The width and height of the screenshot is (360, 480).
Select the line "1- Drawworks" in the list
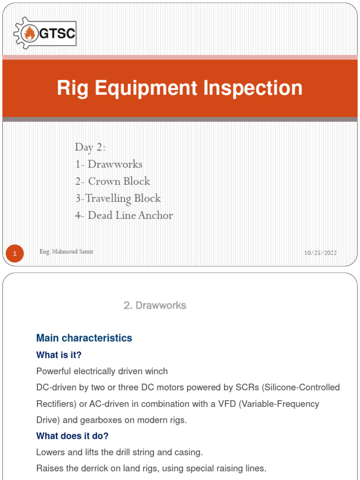tap(109, 165)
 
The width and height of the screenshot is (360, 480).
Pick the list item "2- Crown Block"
tap(112, 181)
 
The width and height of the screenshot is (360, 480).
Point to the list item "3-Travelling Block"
tap(118, 198)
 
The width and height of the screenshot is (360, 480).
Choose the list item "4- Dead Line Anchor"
tap(124, 216)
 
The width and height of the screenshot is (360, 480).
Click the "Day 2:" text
tap(90, 147)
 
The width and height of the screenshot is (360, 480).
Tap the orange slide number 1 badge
tap(15, 254)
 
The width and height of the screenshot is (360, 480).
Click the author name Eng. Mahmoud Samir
tap(67, 252)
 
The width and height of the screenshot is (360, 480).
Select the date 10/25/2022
tap(320, 253)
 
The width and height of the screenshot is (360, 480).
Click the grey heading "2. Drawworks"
tap(155, 306)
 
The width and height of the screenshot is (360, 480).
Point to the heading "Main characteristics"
tap(84, 338)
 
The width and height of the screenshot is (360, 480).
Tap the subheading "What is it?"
tap(59, 355)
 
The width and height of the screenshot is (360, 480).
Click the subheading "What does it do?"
tap(72, 436)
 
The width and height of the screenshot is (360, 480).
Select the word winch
tap(157, 371)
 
